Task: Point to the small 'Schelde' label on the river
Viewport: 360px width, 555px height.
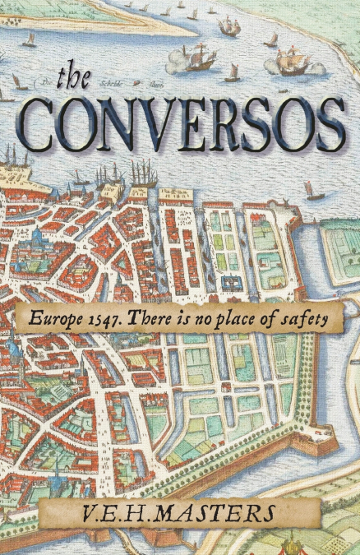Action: pyautogui.click(x=111, y=83)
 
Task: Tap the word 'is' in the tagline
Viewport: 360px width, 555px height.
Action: pyautogui.click(x=186, y=319)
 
